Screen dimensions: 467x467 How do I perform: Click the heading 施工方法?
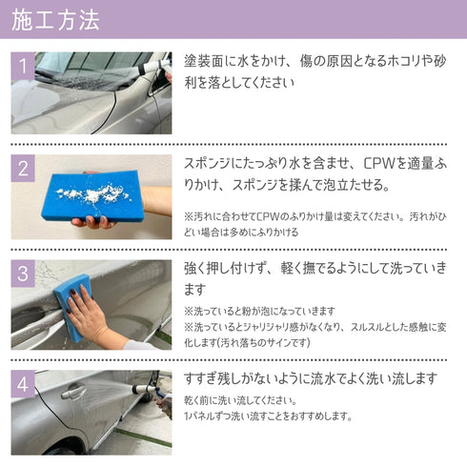(55, 20)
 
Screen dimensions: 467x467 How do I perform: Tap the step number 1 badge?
(23, 66)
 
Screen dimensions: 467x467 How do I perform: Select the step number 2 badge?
(23, 169)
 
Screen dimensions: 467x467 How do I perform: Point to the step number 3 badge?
(23, 274)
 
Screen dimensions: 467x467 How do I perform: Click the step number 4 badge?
(23, 384)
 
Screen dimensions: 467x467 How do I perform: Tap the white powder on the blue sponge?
(95, 193)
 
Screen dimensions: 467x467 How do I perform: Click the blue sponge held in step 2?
(93, 196)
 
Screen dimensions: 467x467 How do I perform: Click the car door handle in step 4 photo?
(73, 391)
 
